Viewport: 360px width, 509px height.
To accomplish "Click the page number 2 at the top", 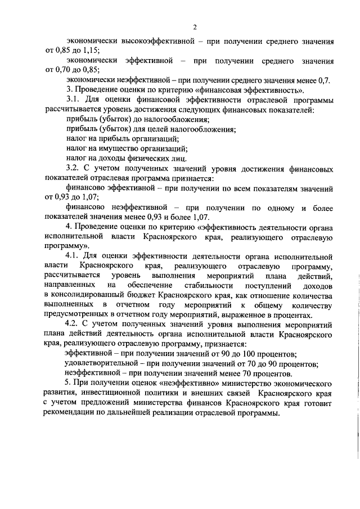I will (x=194, y=26).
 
